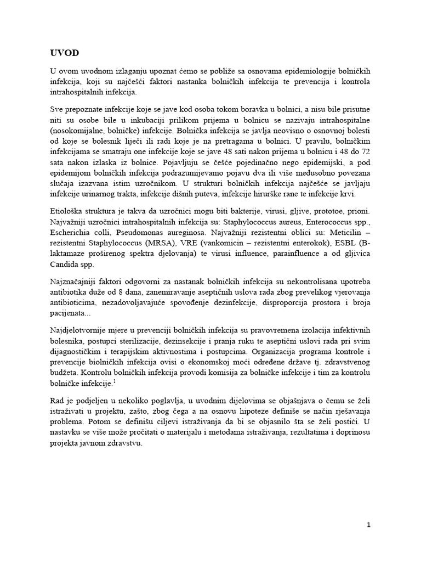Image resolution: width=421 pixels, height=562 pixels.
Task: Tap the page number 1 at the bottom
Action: click(x=369, y=525)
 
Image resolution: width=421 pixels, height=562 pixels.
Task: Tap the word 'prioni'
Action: click(x=356, y=211)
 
